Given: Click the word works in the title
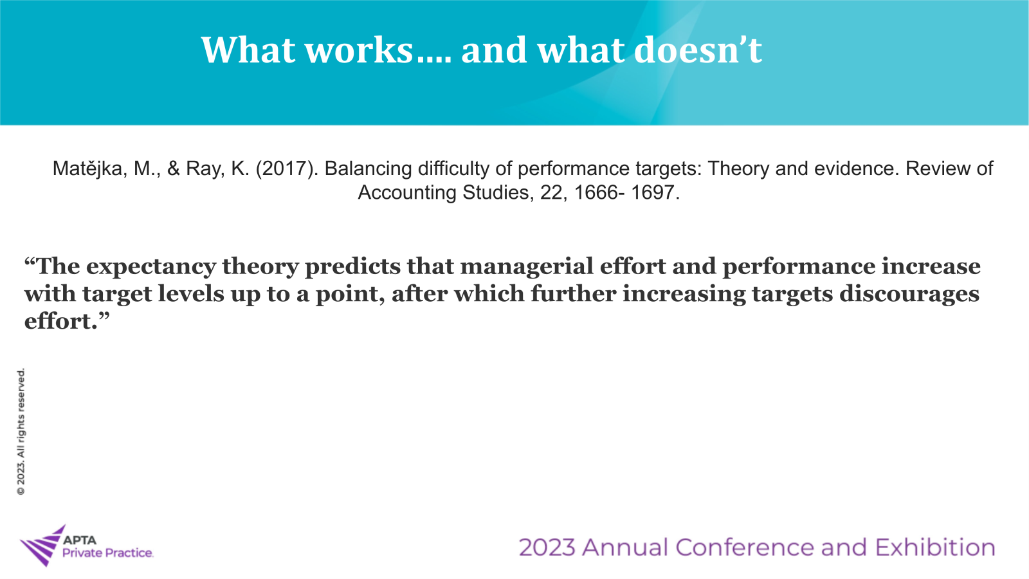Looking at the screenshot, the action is click(360, 50).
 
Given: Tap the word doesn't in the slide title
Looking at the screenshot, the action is click(698, 49).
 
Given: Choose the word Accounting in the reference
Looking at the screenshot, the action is click(407, 192).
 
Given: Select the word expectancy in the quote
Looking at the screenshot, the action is click(150, 267).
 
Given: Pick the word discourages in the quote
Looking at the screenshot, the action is click(909, 294).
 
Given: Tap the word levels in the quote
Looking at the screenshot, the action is click(191, 294).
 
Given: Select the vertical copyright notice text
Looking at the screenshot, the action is click(21, 432).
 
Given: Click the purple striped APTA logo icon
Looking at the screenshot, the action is click(42, 546).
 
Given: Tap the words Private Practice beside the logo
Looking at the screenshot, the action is click(107, 553).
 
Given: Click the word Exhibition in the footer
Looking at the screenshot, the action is click(935, 547).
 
